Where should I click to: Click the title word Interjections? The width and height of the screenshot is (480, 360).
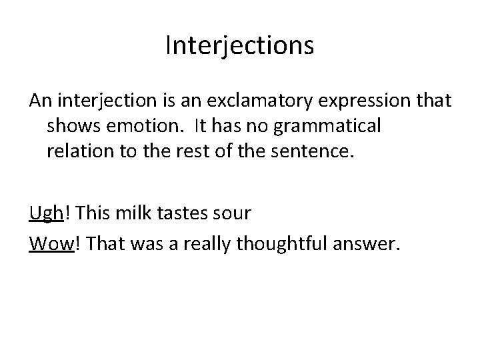coord(239,47)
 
